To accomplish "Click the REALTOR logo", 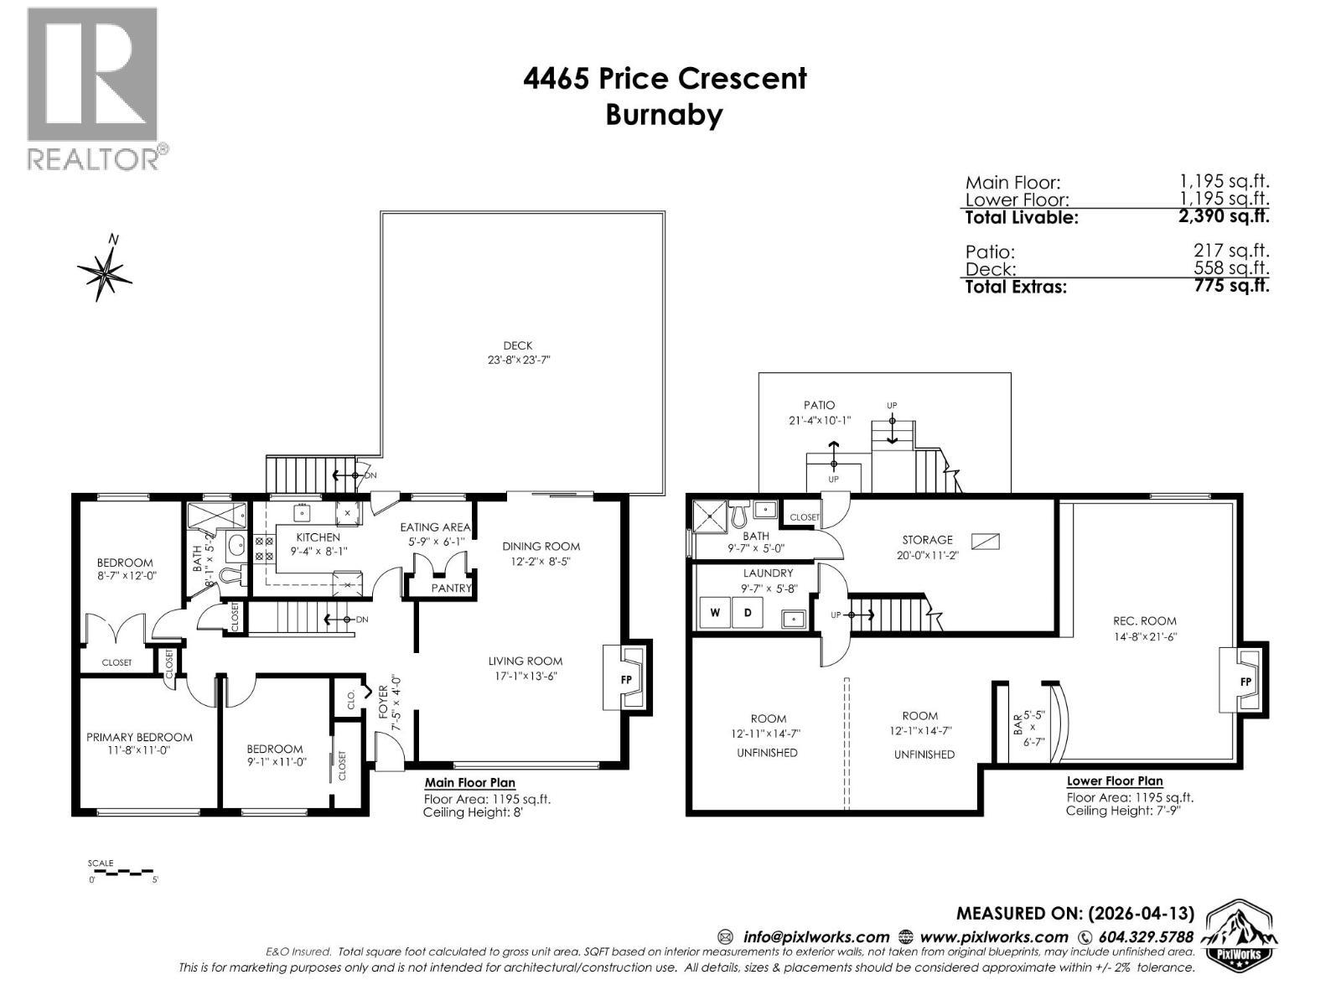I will [92, 88].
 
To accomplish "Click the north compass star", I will [105, 272].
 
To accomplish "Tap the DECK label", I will [517, 345].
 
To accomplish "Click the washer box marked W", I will [715, 613].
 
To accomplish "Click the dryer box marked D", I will [747, 613].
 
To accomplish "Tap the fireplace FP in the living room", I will [626, 679].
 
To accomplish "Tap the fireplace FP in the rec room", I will [1245, 682].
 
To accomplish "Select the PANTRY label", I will [451, 589].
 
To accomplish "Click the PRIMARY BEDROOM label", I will [139, 738].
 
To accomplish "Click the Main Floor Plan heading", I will [469, 783].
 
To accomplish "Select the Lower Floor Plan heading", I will [1114, 781].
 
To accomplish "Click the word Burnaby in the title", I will [664, 114].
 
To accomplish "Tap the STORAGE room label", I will [927, 540].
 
